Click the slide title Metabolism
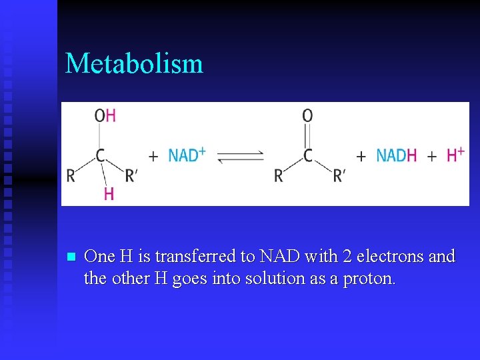tap(134, 64)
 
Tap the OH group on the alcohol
tap(105, 115)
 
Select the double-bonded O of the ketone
tap(307, 115)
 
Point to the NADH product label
tap(396, 155)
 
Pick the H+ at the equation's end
tap(455, 155)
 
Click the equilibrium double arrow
tap(241, 157)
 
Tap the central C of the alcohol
tap(100, 156)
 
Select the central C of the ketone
tap(307, 156)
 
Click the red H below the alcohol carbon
tap(109, 194)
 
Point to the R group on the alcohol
tap(71, 176)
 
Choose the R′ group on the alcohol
tap(131, 175)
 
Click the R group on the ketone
tap(279, 176)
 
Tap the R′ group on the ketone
tap(339, 175)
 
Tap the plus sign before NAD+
tap(153, 157)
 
